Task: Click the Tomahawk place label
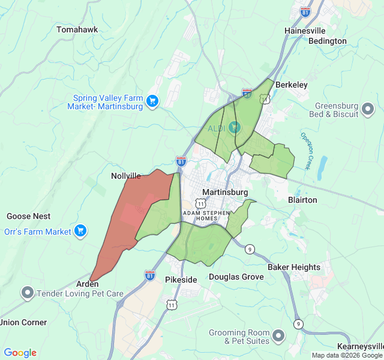click(77, 29)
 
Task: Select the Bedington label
click(327, 41)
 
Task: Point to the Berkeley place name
click(291, 85)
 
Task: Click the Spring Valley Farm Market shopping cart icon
click(152, 101)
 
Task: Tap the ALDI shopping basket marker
click(234, 127)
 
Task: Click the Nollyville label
click(126, 176)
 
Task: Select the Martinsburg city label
click(225, 192)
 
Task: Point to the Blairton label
click(302, 200)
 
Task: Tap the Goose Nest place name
click(28, 216)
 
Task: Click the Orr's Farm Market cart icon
click(80, 231)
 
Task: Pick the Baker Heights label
click(294, 267)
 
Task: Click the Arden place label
click(87, 284)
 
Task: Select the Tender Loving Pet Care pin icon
click(27, 293)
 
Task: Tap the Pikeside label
click(181, 280)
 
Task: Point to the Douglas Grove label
click(236, 277)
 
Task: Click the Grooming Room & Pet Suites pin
click(278, 336)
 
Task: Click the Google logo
click(20, 353)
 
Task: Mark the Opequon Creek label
click(307, 151)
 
